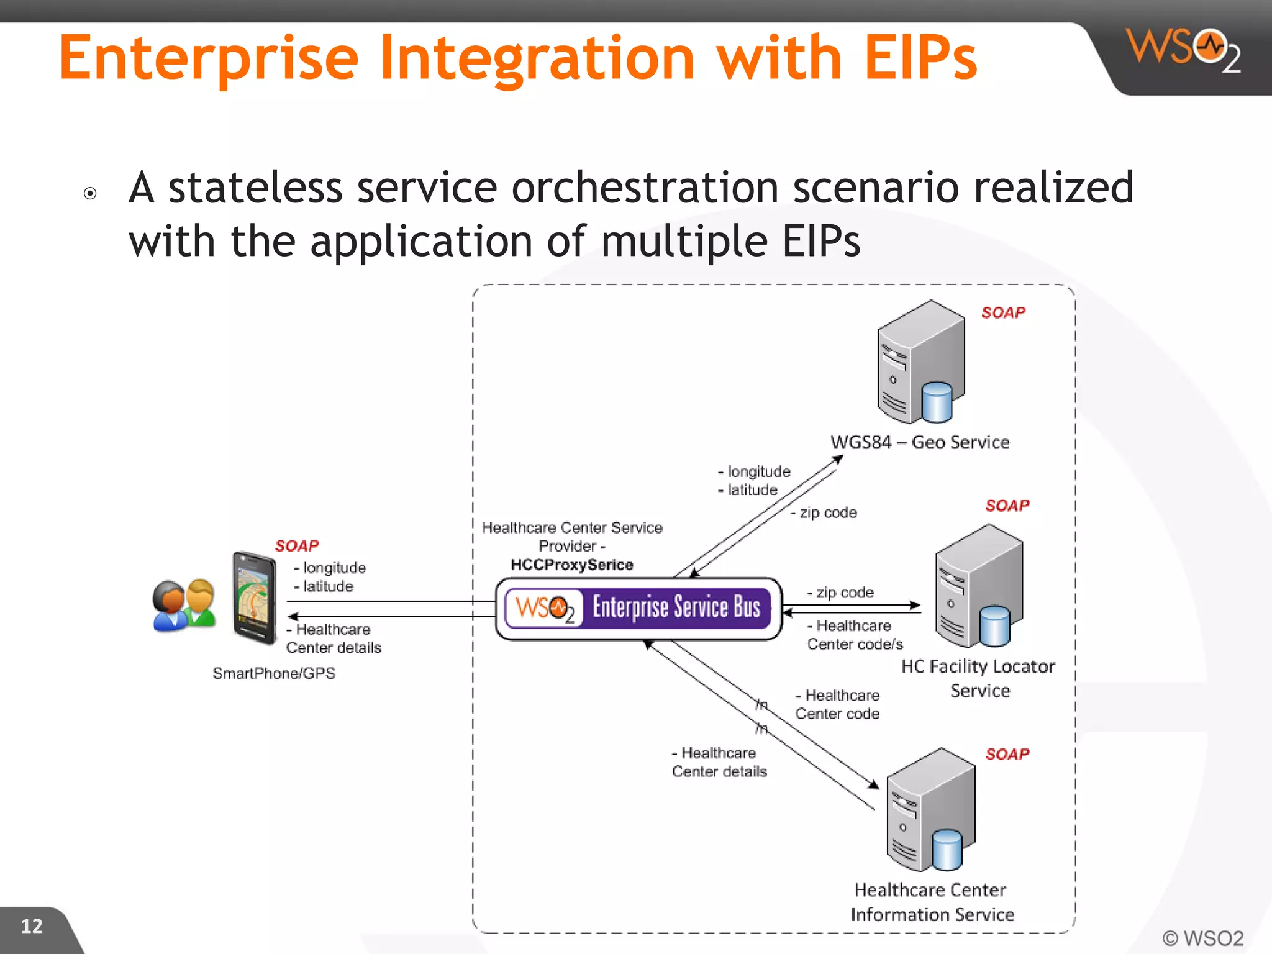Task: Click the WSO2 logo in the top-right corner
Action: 1183,50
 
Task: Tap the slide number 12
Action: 32,926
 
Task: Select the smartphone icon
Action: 255,597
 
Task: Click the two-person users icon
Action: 184,606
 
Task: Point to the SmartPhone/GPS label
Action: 273,673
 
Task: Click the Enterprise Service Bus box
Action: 638,608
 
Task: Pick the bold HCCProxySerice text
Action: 571,565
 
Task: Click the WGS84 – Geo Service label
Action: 920,442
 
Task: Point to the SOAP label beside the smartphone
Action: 297,545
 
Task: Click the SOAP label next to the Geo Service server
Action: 1003,312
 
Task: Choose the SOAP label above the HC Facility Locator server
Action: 1007,506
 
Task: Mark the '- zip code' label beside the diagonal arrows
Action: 824,512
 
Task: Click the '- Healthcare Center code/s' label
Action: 855,635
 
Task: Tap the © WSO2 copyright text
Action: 1202,938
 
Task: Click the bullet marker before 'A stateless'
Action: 90,194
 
